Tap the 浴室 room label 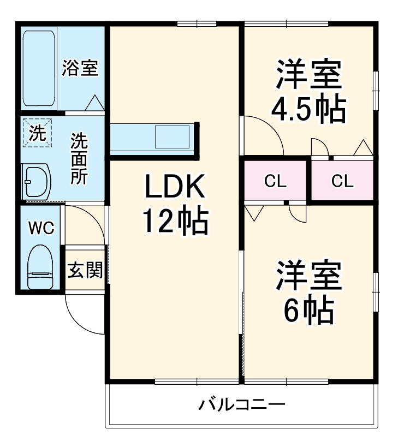[80, 68]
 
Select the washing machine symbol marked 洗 [37, 133]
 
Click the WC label [41, 228]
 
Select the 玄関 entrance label [85, 270]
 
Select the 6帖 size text [308, 310]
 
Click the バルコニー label [242, 405]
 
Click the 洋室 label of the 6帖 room [308, 276]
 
